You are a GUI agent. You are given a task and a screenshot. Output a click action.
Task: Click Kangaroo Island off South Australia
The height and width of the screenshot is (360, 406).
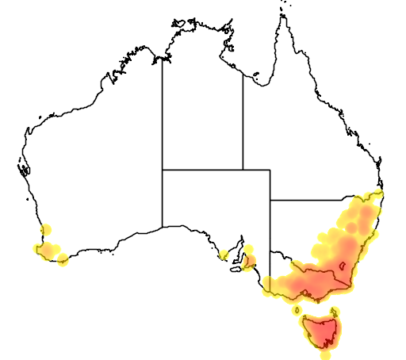click(236, 268)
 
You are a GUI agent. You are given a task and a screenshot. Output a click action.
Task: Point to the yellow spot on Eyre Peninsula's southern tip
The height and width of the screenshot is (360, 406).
click(224, 255)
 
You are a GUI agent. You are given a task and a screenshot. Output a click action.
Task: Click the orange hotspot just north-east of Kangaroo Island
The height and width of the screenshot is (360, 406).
click(249, 260)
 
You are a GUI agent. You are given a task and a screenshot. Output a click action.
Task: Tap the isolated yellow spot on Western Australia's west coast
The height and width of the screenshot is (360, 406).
click(46, 230)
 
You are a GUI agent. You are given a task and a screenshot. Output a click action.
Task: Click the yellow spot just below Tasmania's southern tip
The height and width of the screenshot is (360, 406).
click(325, 354)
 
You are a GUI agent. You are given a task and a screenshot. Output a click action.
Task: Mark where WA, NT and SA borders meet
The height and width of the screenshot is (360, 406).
click(163, 169)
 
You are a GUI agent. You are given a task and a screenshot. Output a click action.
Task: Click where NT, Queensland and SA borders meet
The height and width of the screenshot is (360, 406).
click(243, 169)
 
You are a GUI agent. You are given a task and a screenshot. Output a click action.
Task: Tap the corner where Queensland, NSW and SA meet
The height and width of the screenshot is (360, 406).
click(270, 200)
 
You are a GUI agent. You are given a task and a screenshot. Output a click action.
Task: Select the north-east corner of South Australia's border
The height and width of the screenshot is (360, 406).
click(270, 169)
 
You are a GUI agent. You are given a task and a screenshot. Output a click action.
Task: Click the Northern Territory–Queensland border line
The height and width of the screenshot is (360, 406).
click(243, 119)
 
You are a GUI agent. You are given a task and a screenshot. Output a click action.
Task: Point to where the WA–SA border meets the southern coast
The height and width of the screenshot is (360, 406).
click(163, 228)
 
